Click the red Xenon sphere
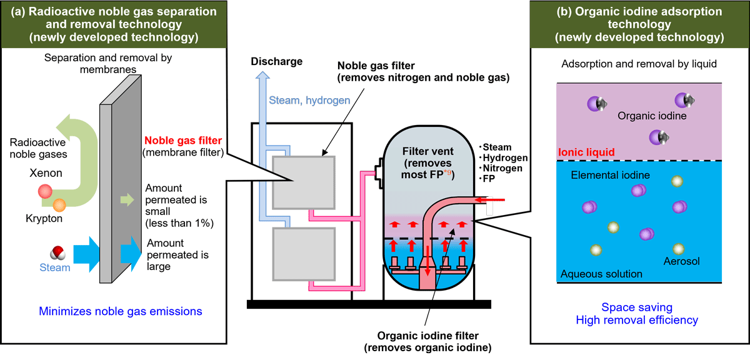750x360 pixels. coord(44,191)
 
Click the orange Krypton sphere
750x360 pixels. coord(59,204)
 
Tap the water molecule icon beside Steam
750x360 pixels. coord(57,252)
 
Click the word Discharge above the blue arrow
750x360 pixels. coord(277,61)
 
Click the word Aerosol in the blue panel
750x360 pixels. coord(681,259)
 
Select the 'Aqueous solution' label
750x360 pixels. coord(601,274)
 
